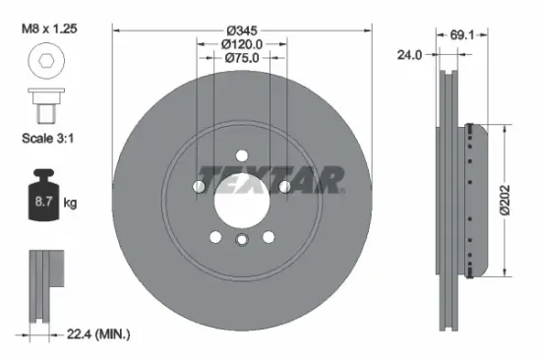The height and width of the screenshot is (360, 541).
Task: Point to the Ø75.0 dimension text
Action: pyautogui.click(x=242, y=57)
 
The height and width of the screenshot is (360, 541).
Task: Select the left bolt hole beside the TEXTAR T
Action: pyautogui.click(x=201, y=185)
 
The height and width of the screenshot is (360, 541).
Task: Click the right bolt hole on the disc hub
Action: pyautogui.click(x=284, y=185)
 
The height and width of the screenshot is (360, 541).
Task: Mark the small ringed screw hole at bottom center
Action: pyautogui.click(x=242, y=241)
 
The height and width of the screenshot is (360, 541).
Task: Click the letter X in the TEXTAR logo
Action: pyautogui.click(x=271, y=180)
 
